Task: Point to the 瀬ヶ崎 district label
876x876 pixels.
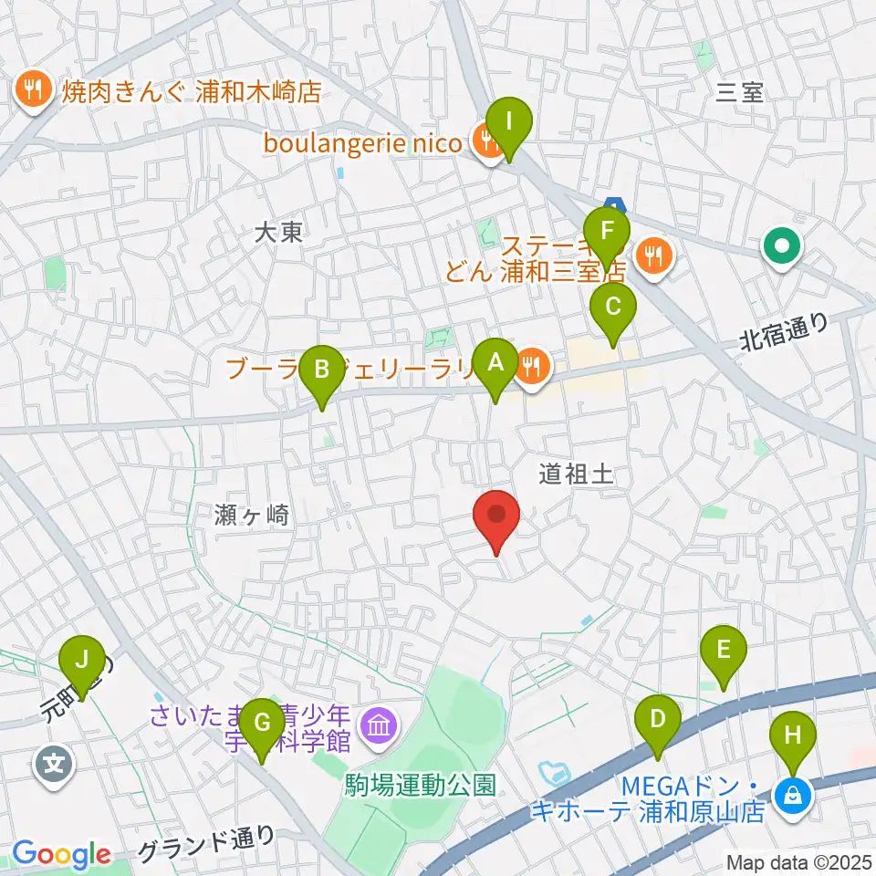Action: click(254, 516)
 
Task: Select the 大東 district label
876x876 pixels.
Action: click(278, 233)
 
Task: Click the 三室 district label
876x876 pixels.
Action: click(740, 91)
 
